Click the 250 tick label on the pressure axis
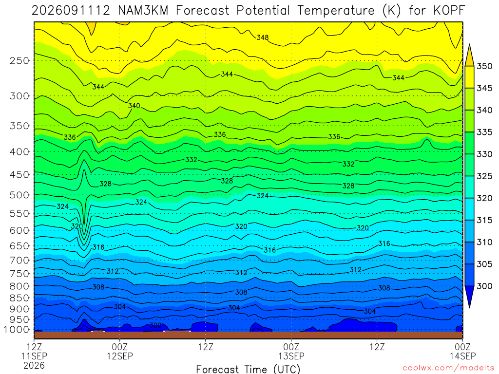click(19, 60)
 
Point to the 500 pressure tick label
click(19, 195)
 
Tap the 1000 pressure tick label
click(17, 330)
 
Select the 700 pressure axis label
click(19, 261)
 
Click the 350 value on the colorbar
click(484, 66)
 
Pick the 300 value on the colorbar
click(484, 286)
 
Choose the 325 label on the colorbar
click(484, 176)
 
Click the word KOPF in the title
click(449, 11)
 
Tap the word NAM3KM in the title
click(143, 11)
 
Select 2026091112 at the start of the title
click(71, 11)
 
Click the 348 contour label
click(263, 37)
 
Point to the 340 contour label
click(134, 106)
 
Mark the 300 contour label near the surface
click(155, 325)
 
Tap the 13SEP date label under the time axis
click(291, 356)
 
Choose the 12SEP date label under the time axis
click(120, 356)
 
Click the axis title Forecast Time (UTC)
click(248, 369)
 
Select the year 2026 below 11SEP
click(34, 365)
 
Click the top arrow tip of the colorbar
click(469, 44)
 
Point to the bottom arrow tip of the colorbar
click(469, 308)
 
